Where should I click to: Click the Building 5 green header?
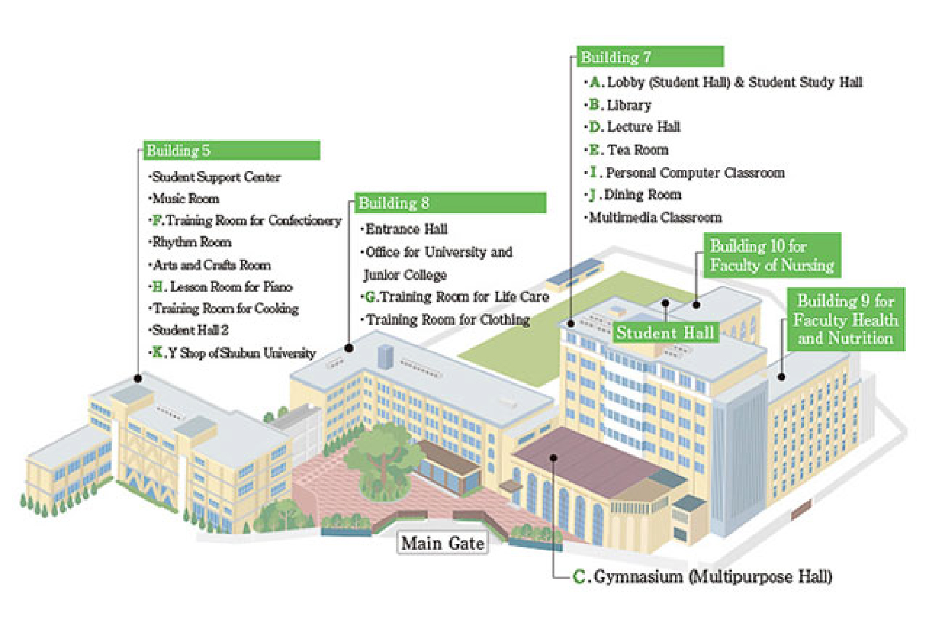[231, 150]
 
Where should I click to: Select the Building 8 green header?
[451, 203]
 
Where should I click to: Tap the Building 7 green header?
[650, 56]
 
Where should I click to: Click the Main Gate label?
[442, 543]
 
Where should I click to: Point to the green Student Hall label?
[665, 333]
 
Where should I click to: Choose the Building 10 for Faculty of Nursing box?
[771, 256]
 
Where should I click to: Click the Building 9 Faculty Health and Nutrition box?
[845, 319]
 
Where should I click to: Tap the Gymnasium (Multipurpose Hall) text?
[712, 577]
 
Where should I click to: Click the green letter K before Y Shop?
[157, 352]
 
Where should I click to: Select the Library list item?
[628, 105]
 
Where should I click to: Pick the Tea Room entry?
[637, 150]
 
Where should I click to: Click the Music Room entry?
[185, 198]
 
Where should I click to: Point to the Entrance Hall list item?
[406, 229]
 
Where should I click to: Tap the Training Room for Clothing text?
[448, 319]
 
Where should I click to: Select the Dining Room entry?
[642, 195]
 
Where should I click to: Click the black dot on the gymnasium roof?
[553, 458]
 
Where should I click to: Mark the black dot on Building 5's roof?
[138, 379]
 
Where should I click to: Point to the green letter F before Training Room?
[157, 220]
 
